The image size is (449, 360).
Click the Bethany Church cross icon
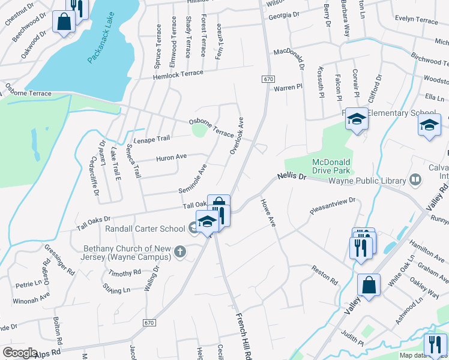179,252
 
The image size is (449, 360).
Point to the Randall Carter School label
145,229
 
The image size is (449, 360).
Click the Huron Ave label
172,158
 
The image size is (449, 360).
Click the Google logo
20,353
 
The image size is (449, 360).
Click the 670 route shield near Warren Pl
268,79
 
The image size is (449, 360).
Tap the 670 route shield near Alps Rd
150,323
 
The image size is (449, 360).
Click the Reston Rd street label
325,274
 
